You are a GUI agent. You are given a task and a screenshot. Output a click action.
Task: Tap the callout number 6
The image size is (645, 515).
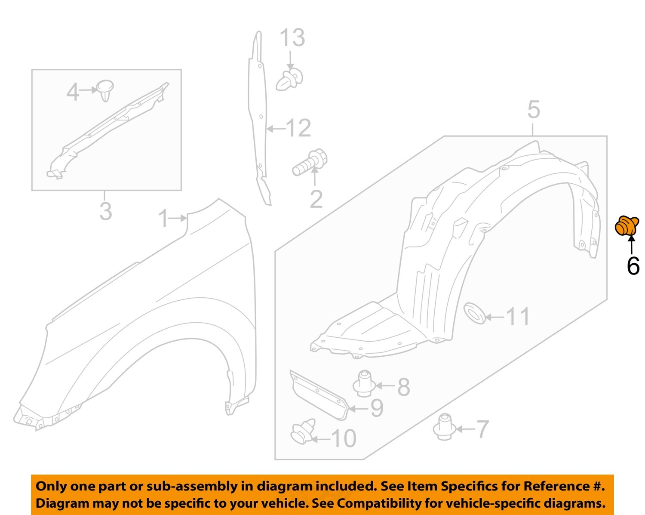click(633, 265)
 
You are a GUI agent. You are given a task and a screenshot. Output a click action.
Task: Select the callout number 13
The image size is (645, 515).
click(292, 38)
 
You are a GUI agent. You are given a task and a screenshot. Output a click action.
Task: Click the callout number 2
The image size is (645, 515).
click(316, 199)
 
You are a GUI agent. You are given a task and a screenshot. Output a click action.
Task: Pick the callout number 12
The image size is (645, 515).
click(298, 128)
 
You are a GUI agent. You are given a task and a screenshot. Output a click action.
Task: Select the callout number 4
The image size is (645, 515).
click(73, 92)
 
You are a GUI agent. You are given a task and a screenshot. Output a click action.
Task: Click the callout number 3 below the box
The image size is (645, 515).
click(106, 211)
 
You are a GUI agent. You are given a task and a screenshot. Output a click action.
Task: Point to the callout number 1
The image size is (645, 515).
click(163, 218)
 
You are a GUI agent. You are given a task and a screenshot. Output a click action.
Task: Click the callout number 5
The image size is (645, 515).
click(533, 110)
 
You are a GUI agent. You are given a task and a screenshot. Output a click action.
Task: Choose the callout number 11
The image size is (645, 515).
click(518, 317)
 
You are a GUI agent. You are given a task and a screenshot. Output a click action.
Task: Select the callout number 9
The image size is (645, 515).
click(377, 408)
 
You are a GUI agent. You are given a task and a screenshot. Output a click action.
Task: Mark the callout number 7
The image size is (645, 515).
click(482, 429)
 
